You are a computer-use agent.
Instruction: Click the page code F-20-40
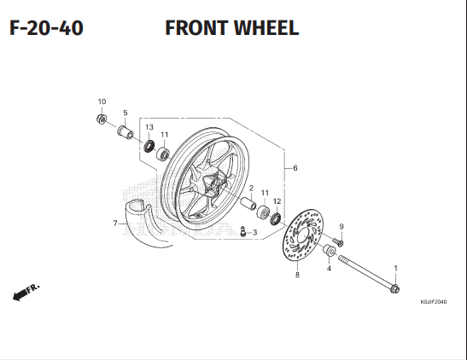[46, 28]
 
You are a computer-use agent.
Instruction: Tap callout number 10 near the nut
[102, 102]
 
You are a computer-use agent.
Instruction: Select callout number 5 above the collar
[125, 113]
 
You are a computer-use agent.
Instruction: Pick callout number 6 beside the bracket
[295, 168]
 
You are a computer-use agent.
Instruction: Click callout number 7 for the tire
[114, 224]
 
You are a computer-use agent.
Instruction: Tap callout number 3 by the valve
[254, 232]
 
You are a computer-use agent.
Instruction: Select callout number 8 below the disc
[297, 276]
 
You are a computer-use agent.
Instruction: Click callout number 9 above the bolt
[341, 226]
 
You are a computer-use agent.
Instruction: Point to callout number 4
[329, 270]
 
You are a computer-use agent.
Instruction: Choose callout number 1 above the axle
[395, 269]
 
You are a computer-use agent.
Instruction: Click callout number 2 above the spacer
[251, 187]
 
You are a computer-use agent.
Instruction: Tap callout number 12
[277, 201]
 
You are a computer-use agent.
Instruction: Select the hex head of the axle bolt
[394, 290]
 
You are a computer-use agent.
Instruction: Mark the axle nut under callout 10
[102, 119]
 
